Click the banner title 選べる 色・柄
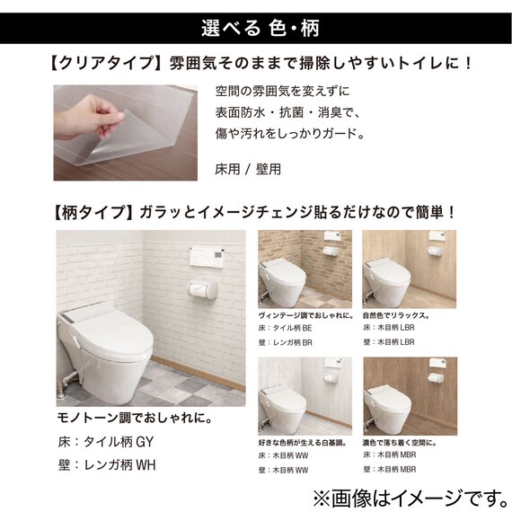coord(260,29)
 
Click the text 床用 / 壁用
coord(248,169)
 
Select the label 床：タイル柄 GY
coord(106,442)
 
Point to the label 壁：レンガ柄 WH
coord(107,465)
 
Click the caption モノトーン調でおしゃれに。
coord(135,418)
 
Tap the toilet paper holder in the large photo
coord(203,288)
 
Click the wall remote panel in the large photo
coord(207,257)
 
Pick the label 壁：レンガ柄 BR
coord(286,342)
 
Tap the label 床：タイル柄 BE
coord(285,328)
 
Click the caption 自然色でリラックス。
coord(396,316)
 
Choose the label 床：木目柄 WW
coord(284,455)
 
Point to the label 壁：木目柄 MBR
coord(390,469)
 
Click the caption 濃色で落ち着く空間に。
coord(400,443)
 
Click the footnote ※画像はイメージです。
coord(410,499)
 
